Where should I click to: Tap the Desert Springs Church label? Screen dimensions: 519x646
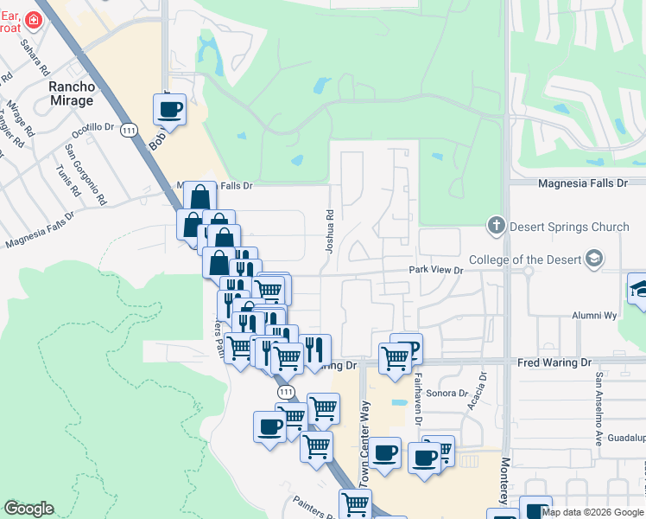[568, 227]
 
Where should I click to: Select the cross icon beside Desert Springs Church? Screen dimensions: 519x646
[497, 227]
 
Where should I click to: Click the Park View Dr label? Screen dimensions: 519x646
[436, 271]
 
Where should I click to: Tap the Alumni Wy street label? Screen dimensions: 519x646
[593, 317]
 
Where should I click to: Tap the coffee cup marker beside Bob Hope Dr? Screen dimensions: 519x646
[169, 110]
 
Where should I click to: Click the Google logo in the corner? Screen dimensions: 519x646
[28, 509]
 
